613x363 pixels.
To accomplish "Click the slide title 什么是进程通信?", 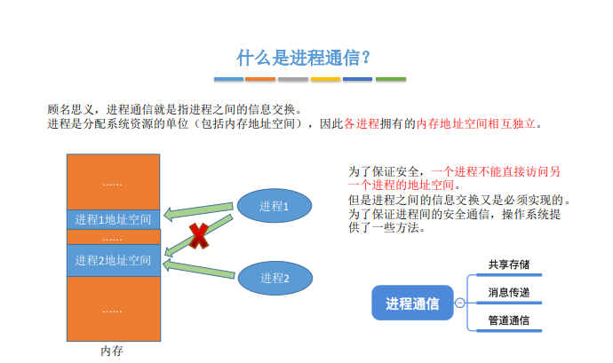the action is [303, 58].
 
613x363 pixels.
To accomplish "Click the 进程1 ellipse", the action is [275, 206].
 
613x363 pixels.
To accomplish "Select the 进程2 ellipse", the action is [275, 278].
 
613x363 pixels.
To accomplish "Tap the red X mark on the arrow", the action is [199, 236].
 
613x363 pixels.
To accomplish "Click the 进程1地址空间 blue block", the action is [114, 219].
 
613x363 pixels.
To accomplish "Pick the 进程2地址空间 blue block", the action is [114, 260].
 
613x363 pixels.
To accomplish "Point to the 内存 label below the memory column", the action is [112, 351].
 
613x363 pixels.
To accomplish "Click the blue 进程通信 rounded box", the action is [412, 303].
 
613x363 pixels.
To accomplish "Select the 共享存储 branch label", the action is [509, 264].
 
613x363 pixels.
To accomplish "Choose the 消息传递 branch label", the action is [509, 292].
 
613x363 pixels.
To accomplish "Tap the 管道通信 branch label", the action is [509, 320].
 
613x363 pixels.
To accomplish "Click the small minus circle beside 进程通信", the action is [460, 303].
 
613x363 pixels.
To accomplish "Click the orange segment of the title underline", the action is [260, 79].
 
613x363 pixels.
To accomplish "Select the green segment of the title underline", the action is [391, 79].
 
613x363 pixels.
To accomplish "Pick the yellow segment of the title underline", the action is [325, 79].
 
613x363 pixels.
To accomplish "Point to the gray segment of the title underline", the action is [293, 79].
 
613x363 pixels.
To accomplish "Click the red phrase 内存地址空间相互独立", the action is [476, 124].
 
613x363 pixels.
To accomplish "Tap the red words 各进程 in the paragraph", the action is [362, 124].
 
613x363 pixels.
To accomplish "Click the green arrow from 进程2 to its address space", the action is [199, 269].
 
